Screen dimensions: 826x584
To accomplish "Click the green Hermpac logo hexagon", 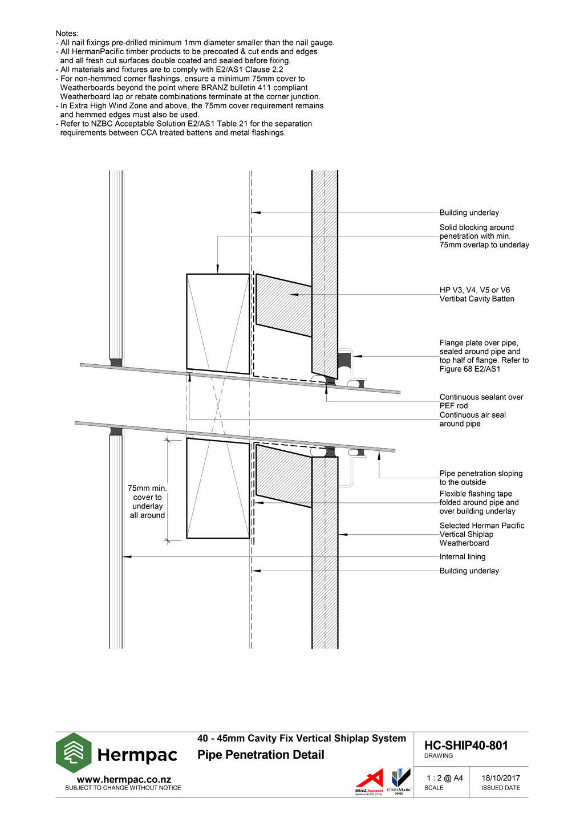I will pyautogui.click(x=74, y=752).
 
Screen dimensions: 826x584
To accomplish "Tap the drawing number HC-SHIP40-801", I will pyautogui.click(x=466, y=746).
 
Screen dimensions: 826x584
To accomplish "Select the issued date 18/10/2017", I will pyautogui.click(x=500, y=778).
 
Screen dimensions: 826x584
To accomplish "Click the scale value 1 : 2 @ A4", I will pyautogui.click(x=444, y=778).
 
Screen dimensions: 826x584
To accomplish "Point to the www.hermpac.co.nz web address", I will pyautogui.click(x=123, y=780).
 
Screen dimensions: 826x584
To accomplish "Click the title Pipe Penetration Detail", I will pyautogui.click(x=261, y=755).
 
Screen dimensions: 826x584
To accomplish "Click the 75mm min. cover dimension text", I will pyautogui.click(x=147, y=502).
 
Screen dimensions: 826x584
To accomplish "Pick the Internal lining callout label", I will pyautogui.click(x=463, y=557).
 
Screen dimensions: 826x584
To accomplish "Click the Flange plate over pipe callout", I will pyautogui.click(x=484, y=356).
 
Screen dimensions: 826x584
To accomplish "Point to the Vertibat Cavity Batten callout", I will pyautogui.click(x=477, y=295).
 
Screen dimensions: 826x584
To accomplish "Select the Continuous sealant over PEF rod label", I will pyautogui.click(x=481, y=401).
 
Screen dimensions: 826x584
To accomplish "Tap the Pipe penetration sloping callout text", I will pyautogui.click(x=481, y=478).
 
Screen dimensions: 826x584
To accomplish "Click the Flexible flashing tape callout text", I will pyautogui.click(x=479, y=502).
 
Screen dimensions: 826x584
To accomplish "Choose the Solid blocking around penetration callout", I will pyautogui.click(x=484, y=236).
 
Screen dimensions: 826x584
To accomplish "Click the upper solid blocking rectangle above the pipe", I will pyautogui.click(x=218, y=323).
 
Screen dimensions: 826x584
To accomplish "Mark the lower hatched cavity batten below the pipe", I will pyautogui.click(x=283, y=475).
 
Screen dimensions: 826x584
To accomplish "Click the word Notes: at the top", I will pyautogui.click(x=67, y=34).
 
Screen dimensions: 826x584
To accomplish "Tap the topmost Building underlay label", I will pyautogui.click(x=469, y=213).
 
